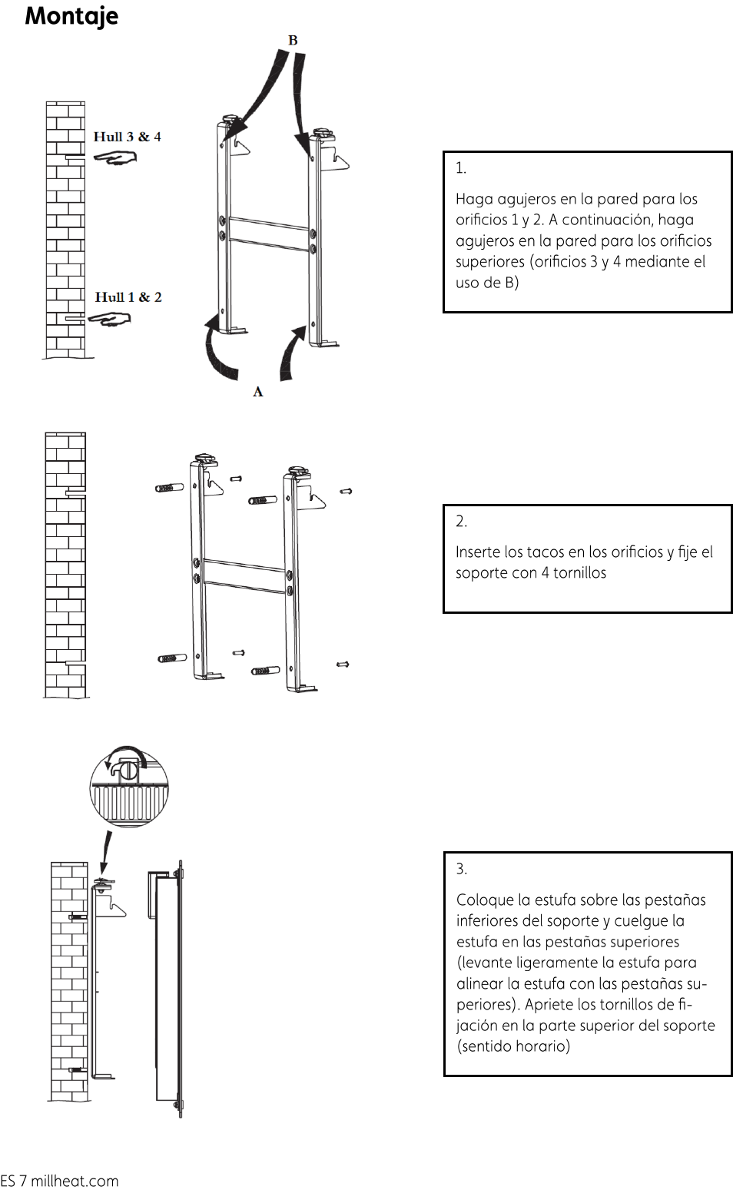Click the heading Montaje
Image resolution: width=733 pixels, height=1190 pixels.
(x=71, y=16)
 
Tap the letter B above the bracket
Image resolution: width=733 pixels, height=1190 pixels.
(x=293, y=41)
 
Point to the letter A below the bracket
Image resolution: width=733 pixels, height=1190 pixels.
(x=258, y=392)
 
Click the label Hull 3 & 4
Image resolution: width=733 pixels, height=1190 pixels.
(x=128, y=137)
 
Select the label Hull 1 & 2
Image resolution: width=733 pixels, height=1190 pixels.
(x=128, y=297)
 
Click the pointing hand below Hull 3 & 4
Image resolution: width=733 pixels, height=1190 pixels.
(x=115, y=157)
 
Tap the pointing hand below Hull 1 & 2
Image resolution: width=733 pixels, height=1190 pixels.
(x=109, y=319)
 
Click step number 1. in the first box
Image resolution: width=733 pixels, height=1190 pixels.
(x=461, y=168)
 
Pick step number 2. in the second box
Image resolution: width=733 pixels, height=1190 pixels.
(x=462, y=522)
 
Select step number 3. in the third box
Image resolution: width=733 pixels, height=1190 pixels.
(x=462, y=869)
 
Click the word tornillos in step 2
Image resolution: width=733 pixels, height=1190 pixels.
(x=579, y=573)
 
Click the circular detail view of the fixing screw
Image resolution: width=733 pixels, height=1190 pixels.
(x=129, y=786)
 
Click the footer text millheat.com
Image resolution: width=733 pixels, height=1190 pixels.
(x=75, y=1181)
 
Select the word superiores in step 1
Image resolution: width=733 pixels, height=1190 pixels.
(x=489, y=263)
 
